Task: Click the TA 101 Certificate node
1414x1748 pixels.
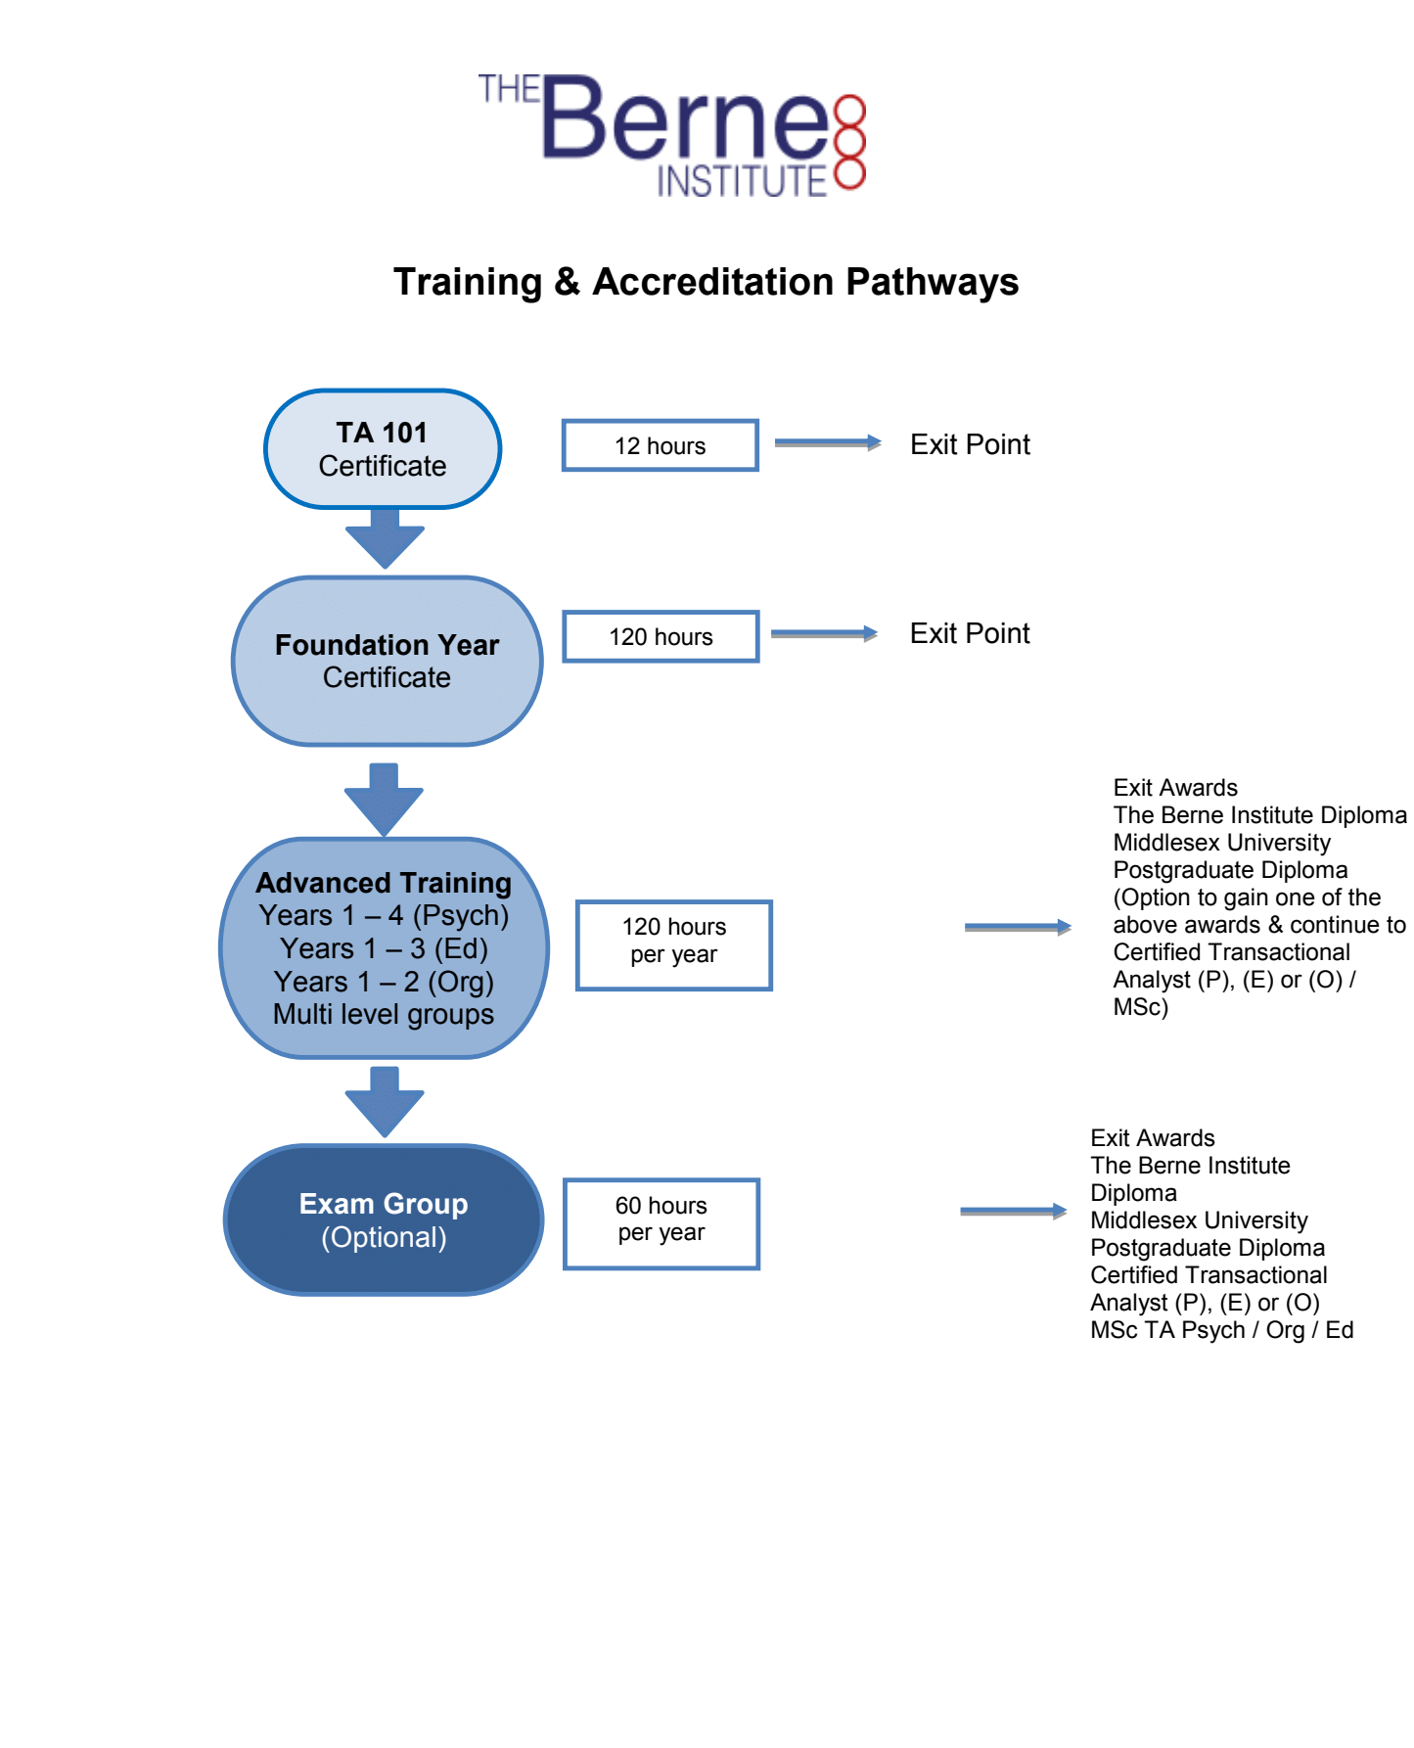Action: click(x=383, y=449)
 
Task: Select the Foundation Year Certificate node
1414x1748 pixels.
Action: click(x=387, y=661)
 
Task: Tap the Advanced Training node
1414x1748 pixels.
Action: click(x=384, y=947)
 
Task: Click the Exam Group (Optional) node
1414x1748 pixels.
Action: click(x=384, y=1219)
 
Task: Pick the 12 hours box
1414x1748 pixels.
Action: click(x=660, y=445)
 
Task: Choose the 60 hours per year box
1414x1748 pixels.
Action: click(x=661, y=1223)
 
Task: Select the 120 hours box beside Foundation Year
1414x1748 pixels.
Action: click(x=661, y=636)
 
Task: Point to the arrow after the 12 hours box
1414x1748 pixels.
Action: click(x=827, y=442)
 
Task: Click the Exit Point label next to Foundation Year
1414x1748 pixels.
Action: click(x=969, y=633)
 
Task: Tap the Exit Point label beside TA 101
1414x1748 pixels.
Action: click(x=969, y=444)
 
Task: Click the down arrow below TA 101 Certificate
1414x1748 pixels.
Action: click(x=385, y=538)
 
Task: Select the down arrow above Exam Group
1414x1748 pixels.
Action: click(x=385, y=1101)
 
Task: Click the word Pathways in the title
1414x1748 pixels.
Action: click(x=932, y=282)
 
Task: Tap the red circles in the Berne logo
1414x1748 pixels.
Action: click(x=850, y=142)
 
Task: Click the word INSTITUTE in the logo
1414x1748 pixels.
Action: click(x=742, y=181)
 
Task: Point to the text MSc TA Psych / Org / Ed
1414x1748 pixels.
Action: click(x=1221, y=1330)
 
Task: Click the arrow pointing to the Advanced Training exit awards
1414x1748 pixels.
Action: click(x=1017, y=927)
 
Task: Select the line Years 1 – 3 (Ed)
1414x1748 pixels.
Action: click(x=384, y=948)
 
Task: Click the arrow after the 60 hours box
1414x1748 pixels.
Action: click(x=1013, y=1211)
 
